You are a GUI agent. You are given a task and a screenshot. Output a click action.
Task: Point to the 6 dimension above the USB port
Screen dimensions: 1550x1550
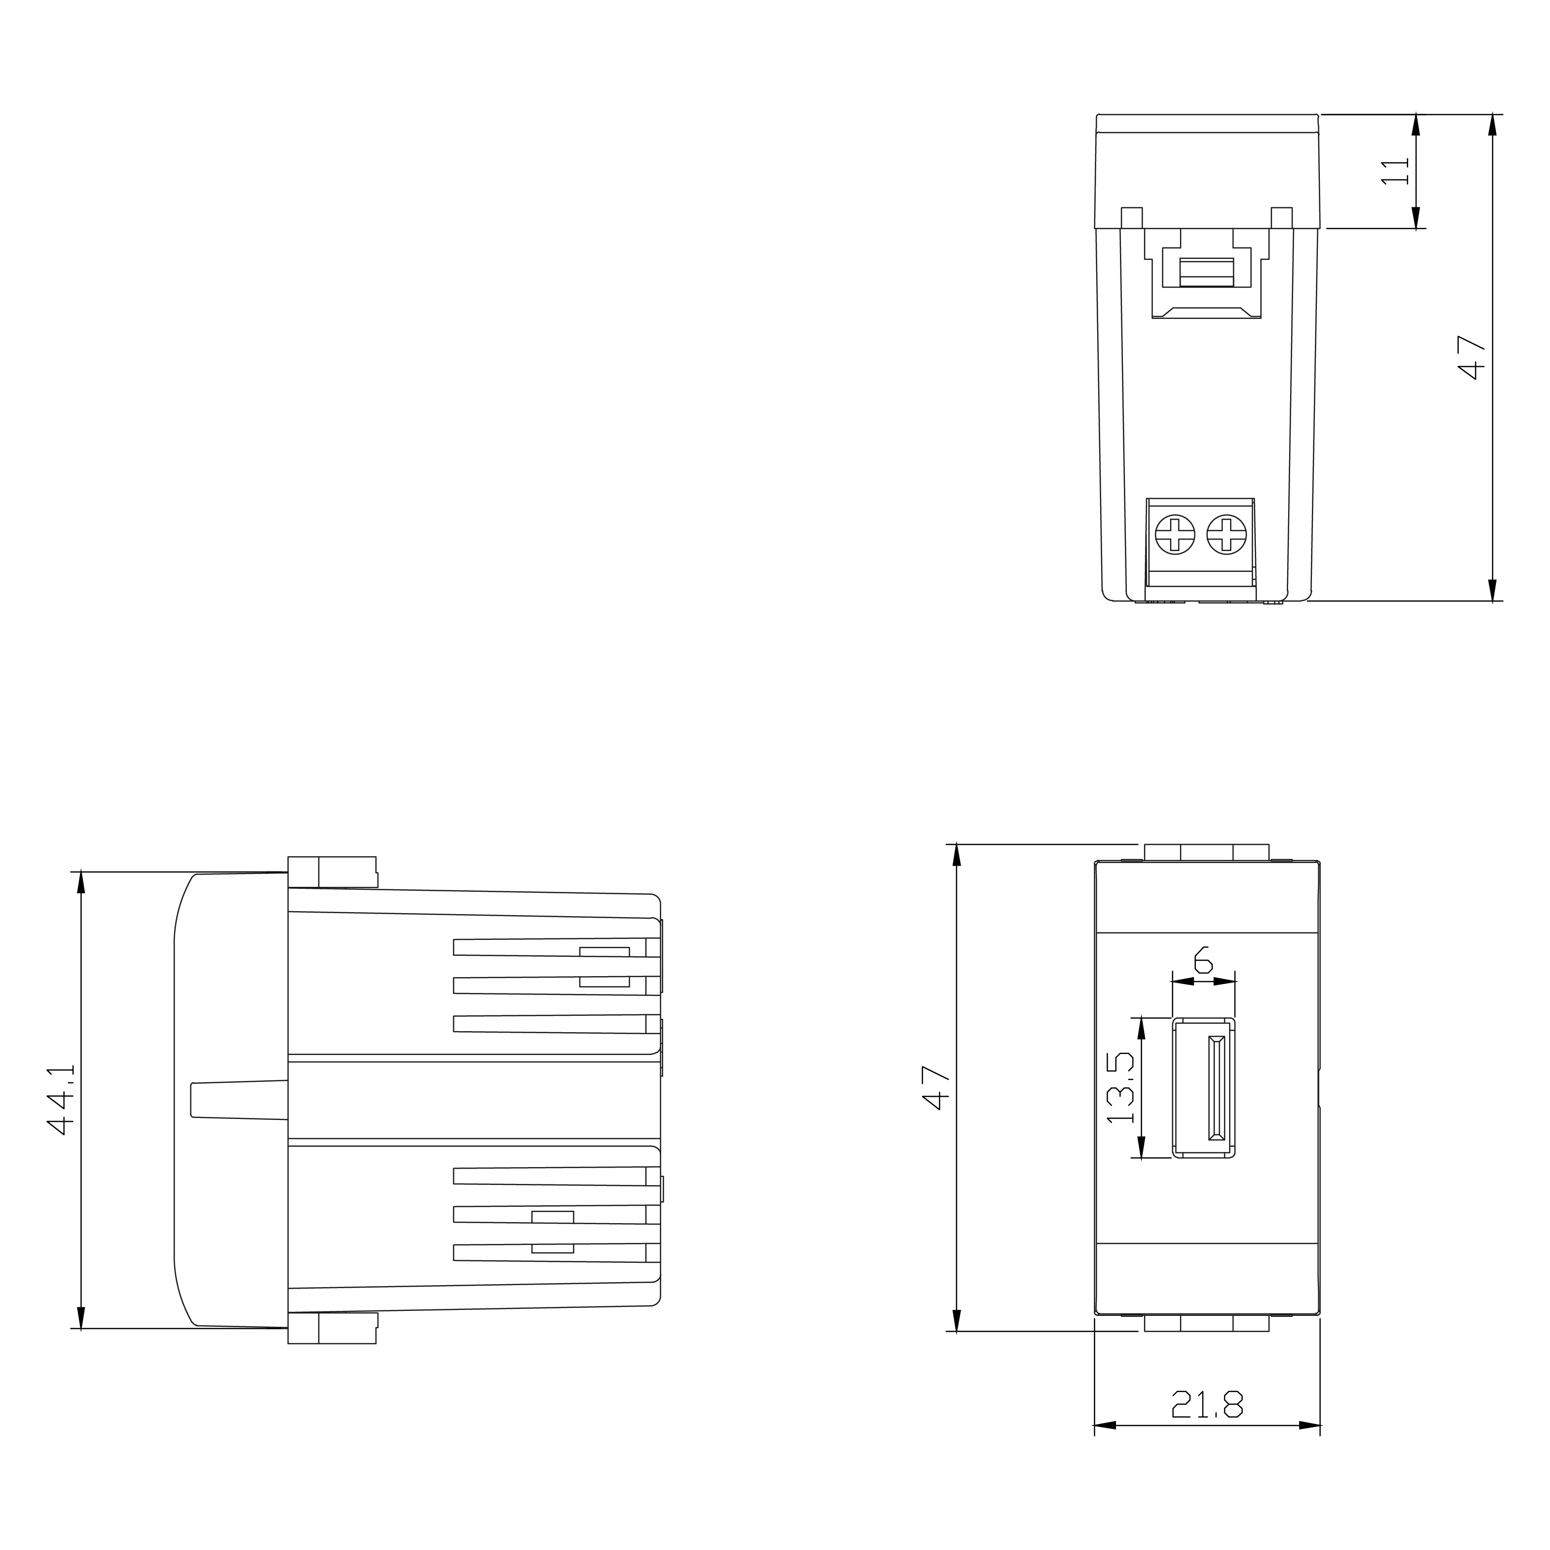[1203, 960]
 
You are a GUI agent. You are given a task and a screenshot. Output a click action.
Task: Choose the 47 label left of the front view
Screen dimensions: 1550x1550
[936, 1087]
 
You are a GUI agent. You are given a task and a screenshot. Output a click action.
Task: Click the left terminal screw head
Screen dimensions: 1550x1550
[1175, 534]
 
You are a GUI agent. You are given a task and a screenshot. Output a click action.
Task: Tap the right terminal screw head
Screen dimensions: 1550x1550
[1226, 534]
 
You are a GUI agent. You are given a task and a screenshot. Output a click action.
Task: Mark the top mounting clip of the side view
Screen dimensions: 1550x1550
[332, 872]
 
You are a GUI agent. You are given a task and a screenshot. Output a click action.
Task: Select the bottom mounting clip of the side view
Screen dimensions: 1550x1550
[332, 1328]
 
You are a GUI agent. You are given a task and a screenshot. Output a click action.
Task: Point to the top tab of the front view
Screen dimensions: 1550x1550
[1207, 852]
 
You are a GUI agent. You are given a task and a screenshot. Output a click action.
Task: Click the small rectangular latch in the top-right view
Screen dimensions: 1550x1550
[1207, 272]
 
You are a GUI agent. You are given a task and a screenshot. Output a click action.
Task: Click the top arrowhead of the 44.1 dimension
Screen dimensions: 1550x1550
[80, 882]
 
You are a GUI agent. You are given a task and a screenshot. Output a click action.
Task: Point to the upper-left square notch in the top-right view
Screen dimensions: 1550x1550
[1131, 217]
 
